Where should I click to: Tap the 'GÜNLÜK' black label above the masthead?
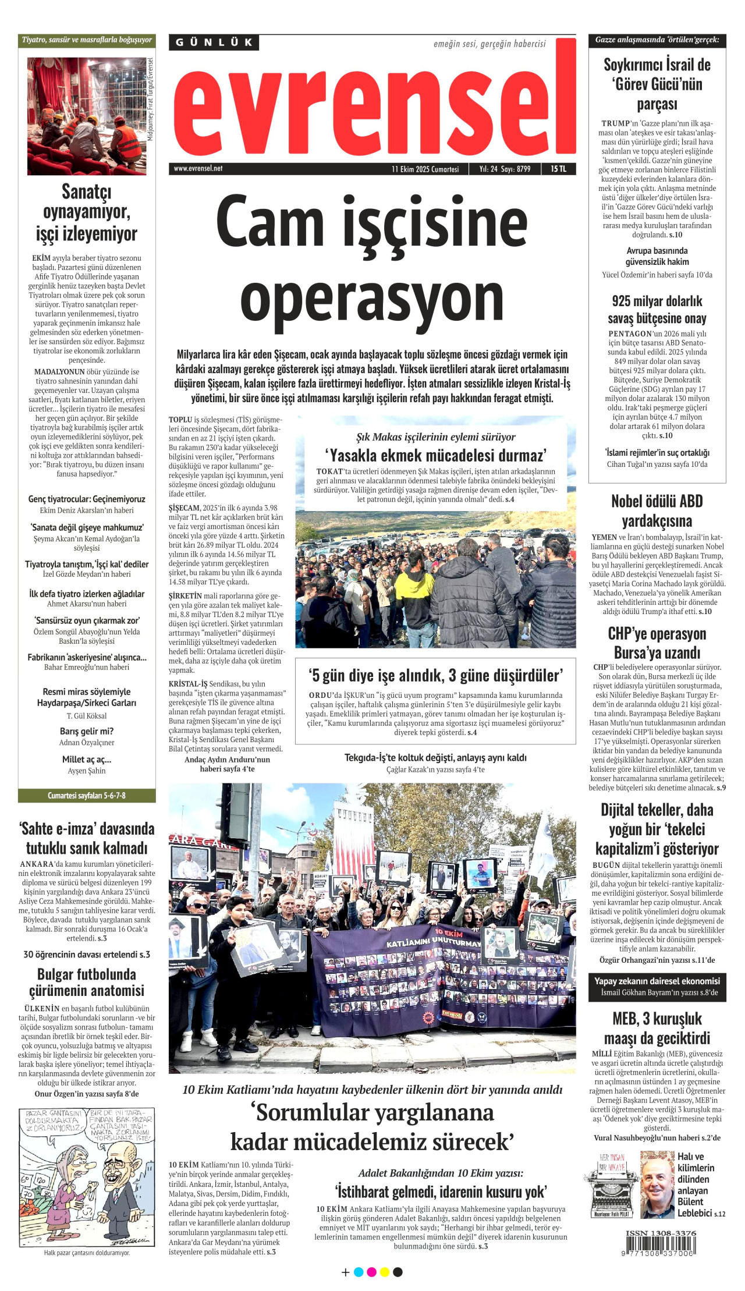(x=214, y=42)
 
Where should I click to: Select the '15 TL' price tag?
(x=558, y=169)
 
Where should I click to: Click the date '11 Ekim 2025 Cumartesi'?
(x=425, y=169)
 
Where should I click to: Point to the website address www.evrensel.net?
(x=198, y=169)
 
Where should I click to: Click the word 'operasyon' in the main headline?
(x=372, y=299)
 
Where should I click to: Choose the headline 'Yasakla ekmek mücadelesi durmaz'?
(x=435, y=455)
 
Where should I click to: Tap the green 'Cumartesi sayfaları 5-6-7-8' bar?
(x=87, y=795)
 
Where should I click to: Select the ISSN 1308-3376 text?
(x=661, y=1233)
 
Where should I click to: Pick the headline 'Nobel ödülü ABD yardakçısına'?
(x=657, y=510)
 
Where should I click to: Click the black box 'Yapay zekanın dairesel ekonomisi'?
(x=657, y=986)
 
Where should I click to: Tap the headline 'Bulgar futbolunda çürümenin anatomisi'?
(x=87, y=982)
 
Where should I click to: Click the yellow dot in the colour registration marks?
(x=385, y=1272)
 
